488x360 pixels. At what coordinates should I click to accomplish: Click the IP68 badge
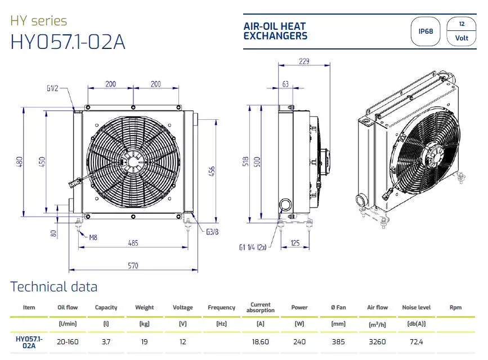point(426,31)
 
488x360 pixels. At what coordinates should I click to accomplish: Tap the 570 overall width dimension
point(133,265)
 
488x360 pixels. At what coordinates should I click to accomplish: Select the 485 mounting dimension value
point(133,243)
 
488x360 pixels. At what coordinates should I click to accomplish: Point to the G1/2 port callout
point(52,88)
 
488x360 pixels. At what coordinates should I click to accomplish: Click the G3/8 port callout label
point(212,232)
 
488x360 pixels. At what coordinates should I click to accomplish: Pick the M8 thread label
point(93,238)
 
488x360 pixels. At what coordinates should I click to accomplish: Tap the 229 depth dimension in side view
point(304,61)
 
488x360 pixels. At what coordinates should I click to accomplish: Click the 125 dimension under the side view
point(295,243)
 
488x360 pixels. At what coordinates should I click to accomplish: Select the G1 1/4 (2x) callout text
point(253,247)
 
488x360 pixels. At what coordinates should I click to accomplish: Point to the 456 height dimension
point(212,171)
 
